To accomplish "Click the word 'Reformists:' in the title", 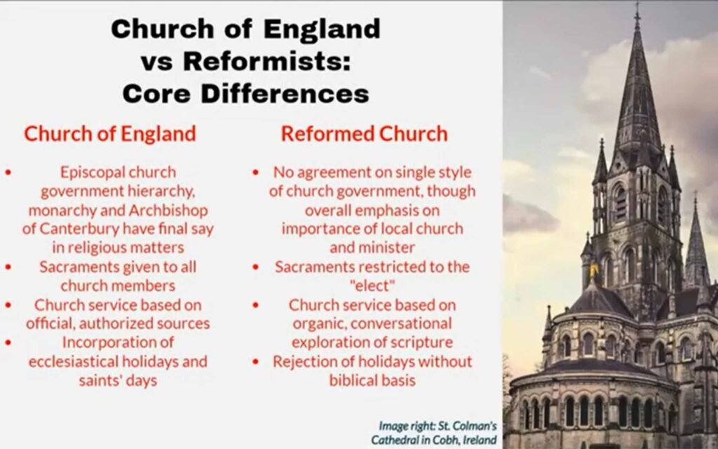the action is pos(267,62).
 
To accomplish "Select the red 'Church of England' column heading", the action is pos(110,134).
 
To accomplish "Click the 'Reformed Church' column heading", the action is pos(365,134).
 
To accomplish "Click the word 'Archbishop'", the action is pos(168,210).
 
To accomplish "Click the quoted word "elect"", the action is pos(372,286).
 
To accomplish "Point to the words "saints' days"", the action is pos(118,380).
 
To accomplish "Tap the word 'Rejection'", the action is pos(304,362).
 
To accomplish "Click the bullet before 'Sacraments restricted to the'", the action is pos(255,267).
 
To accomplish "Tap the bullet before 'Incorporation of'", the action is pos(8,342).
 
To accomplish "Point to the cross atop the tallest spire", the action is pos(637,12).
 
